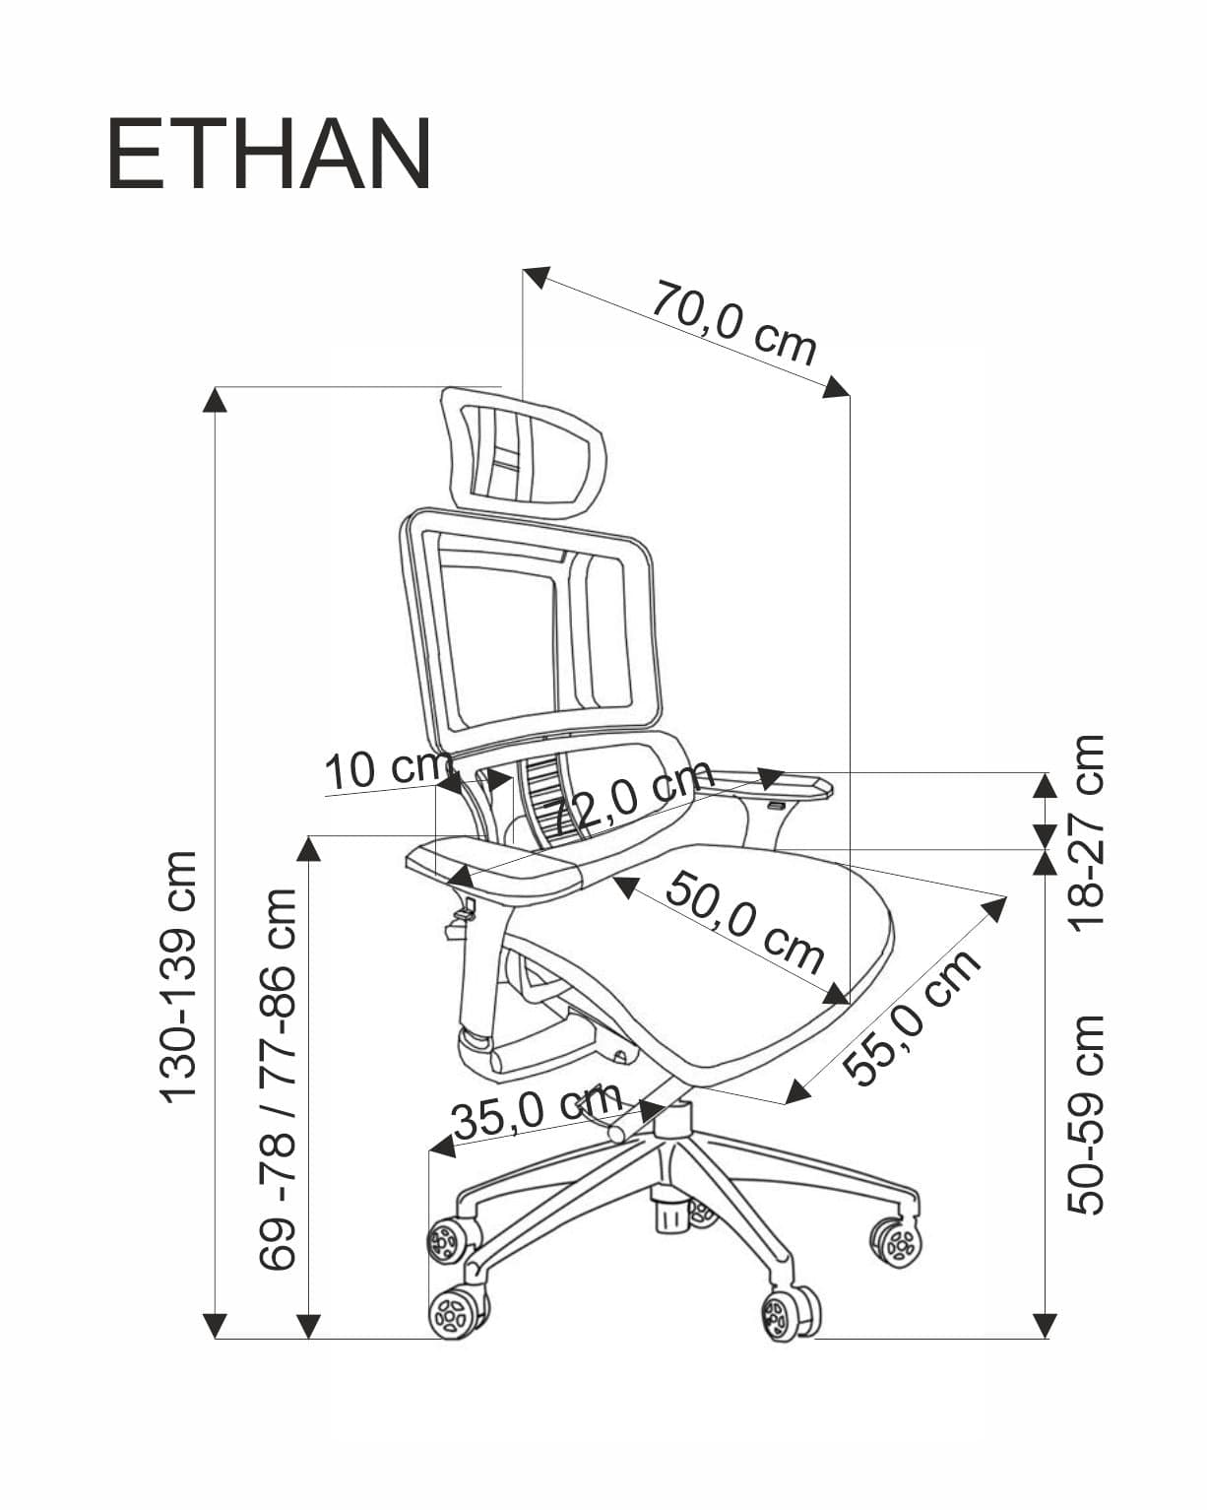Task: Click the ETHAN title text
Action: pyautogui.click(x=269, y=155)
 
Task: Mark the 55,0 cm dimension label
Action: pyautogui.click(x=916, y=1017)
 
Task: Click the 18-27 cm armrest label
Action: pyautogui.click(x=1089, y=829)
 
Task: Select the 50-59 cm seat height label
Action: pyautogui.click(x=1089, y=1114)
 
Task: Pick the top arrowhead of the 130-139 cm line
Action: pyautogui.click(x=216, y=399)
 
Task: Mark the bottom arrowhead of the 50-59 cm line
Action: pyautogui.click(x=1046, y=1326)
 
